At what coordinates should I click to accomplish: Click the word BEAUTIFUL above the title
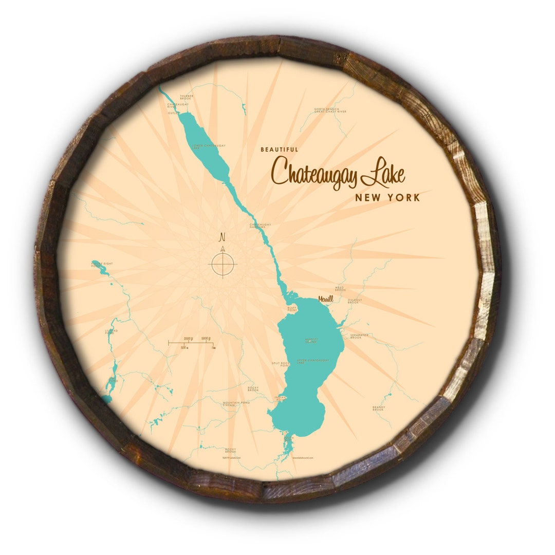click(279, 150)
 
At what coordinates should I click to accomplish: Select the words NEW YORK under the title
click(387, 197)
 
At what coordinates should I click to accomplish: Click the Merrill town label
click(325, 299)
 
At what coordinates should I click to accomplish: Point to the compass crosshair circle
click(223, 264)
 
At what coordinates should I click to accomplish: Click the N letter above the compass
click(223, 237)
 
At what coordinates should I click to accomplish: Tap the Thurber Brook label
click(186, 97)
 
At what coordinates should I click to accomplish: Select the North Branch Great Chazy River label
click(330, 110)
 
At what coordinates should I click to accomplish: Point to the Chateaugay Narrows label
click(260, 225)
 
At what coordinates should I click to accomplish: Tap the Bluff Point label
click(292, 310)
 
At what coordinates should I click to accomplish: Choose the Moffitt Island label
click(311, 340)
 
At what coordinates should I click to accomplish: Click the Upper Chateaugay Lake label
click(313, 361)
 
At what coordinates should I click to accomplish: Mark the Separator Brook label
click(359, 336)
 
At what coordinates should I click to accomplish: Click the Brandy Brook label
click(378, 409)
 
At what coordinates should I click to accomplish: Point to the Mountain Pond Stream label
click(236, 404)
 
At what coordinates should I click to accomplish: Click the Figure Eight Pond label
click(102, 265)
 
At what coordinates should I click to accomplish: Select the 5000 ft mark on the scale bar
click(208, 338)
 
